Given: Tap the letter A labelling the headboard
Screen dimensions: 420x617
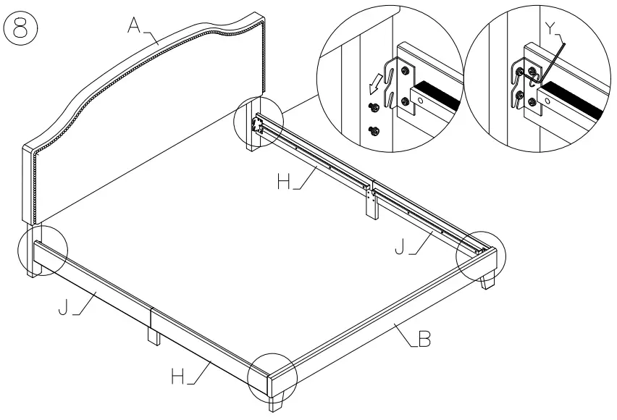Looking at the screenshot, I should coord(134,26).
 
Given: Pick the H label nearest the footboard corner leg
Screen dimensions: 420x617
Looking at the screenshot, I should coord(177,376).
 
